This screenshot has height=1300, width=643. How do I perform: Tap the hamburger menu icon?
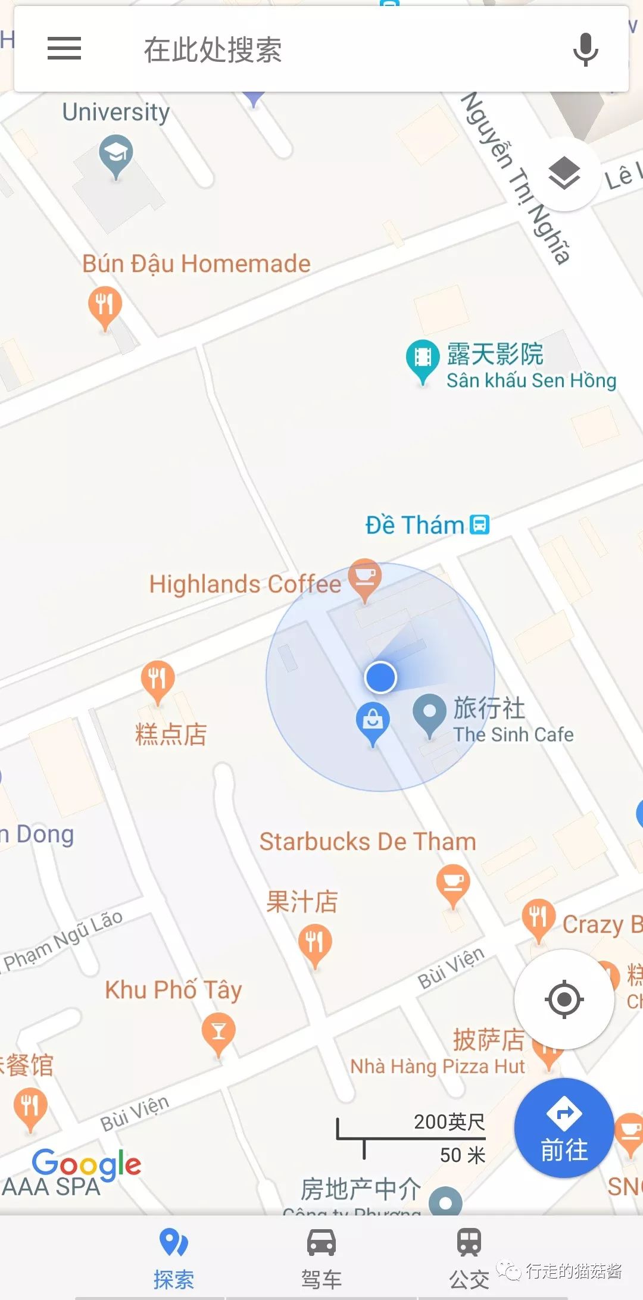coord(64,48)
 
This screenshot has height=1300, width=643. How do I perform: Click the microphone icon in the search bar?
coord(585,49)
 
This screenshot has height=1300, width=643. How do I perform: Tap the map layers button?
coord(563,173)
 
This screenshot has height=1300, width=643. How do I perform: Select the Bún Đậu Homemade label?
coord(196,264)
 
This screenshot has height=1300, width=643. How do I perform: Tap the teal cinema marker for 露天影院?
coord(423,359)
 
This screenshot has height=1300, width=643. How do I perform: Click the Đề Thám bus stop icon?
coord(479,524)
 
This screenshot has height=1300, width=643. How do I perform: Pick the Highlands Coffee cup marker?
coord(364,578)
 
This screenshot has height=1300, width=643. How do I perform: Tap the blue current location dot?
coord(380,677)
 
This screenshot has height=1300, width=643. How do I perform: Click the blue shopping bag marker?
coord(373,721)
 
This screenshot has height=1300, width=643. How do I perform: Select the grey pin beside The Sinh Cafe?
coord(430,712)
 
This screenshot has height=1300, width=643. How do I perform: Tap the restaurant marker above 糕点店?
coord(158,680)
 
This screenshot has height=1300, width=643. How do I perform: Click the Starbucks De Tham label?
coord(367,842)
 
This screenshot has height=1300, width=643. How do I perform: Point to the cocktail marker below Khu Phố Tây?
coord(219,1033)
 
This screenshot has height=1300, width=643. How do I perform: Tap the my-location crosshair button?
coord(564,999)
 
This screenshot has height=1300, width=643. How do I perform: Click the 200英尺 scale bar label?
coord(449,1122)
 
